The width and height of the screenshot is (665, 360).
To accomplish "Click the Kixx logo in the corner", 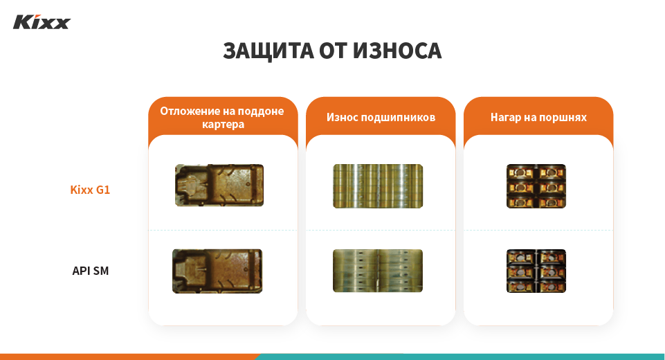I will (42, 22).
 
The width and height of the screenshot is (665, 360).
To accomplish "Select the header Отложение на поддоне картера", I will (222, 118).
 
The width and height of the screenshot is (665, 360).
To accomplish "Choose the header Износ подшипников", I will (381, 118).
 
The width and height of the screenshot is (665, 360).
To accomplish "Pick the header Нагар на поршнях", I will (538, 118).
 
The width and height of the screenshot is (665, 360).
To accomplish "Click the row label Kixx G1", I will (90, 190).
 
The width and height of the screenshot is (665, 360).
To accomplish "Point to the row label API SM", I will (91, 271).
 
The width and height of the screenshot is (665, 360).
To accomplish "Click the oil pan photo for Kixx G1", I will (219, 186).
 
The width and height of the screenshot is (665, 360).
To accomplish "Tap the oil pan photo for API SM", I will (217, 271).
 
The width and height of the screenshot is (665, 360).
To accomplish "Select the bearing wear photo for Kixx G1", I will (378, 186).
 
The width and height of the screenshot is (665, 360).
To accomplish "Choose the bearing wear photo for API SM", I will (378, 271).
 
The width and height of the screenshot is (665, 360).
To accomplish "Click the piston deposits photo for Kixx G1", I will (536, 186).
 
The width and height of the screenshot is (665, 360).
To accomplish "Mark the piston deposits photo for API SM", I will (536, 271).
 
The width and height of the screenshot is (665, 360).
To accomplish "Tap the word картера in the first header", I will (223, 125).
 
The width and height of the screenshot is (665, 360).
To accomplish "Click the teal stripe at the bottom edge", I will (457, 357).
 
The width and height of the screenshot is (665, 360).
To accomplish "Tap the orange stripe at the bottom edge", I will (125, 357).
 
